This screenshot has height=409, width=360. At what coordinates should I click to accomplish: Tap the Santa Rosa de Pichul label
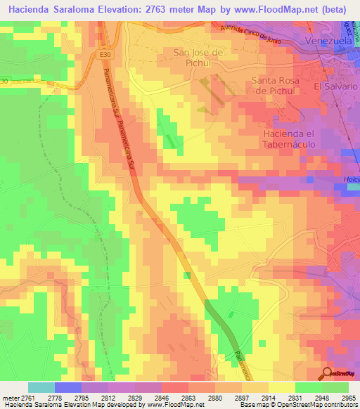(276, 86)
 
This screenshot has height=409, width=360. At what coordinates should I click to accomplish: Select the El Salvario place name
(337, 86)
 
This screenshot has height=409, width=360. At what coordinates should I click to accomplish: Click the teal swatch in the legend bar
(41, 387)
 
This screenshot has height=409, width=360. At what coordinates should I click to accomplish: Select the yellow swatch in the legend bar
(281, 387)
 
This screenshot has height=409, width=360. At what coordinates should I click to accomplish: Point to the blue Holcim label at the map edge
(351, 180)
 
